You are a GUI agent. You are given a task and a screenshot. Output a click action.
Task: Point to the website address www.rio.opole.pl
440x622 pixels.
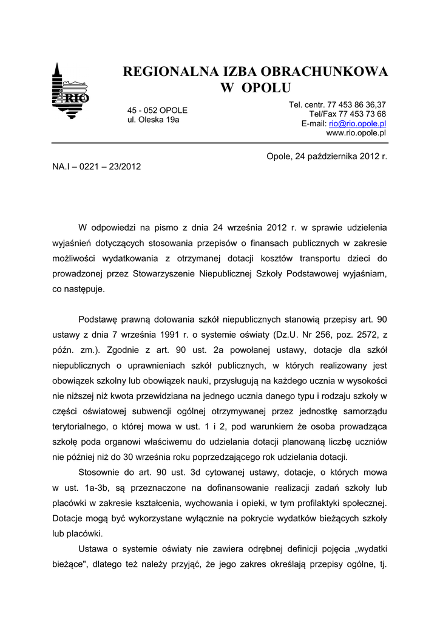pos(356,132)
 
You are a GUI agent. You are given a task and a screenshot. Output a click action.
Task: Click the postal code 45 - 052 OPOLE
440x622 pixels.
pos(157,111)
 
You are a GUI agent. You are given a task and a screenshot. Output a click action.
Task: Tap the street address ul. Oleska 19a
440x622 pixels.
pos(153,120)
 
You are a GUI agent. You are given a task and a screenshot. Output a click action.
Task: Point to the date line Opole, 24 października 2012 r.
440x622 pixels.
pos(327,156)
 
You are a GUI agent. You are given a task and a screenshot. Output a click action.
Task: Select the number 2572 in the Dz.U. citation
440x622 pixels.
pos(340,335)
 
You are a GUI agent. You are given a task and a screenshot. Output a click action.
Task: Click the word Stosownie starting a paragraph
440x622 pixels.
pos(100,472)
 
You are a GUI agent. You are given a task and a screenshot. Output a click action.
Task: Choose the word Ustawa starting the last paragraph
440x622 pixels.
pos(93,549)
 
